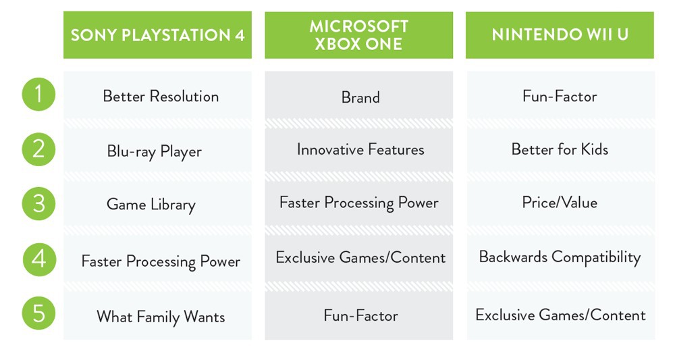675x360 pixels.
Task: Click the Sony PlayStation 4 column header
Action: point(157,35)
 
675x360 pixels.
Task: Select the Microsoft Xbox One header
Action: point(358,35)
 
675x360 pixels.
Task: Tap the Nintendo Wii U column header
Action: point(560,35)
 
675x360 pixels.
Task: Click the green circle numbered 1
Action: point(38,95)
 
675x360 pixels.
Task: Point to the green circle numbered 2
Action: point(38,149)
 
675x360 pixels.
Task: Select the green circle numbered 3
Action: point(38,204)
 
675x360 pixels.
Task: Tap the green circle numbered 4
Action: point(39,259)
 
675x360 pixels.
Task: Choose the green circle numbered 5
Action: point(38,313)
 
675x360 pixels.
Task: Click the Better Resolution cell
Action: point(157,96)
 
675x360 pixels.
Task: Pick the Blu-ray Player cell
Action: point(157,151)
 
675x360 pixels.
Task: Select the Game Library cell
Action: point(157,204)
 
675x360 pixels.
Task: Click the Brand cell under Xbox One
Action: point(358,97)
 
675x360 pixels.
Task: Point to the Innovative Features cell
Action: point(358,149)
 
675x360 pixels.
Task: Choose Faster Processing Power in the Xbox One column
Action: point(358,203)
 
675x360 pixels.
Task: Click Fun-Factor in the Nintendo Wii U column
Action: point(560,96)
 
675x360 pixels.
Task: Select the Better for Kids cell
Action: point(560,149)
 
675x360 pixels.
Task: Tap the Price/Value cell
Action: point(560,203)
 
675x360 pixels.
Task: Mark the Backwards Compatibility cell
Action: point(560,257)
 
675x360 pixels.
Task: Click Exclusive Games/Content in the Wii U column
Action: point(560,315)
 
